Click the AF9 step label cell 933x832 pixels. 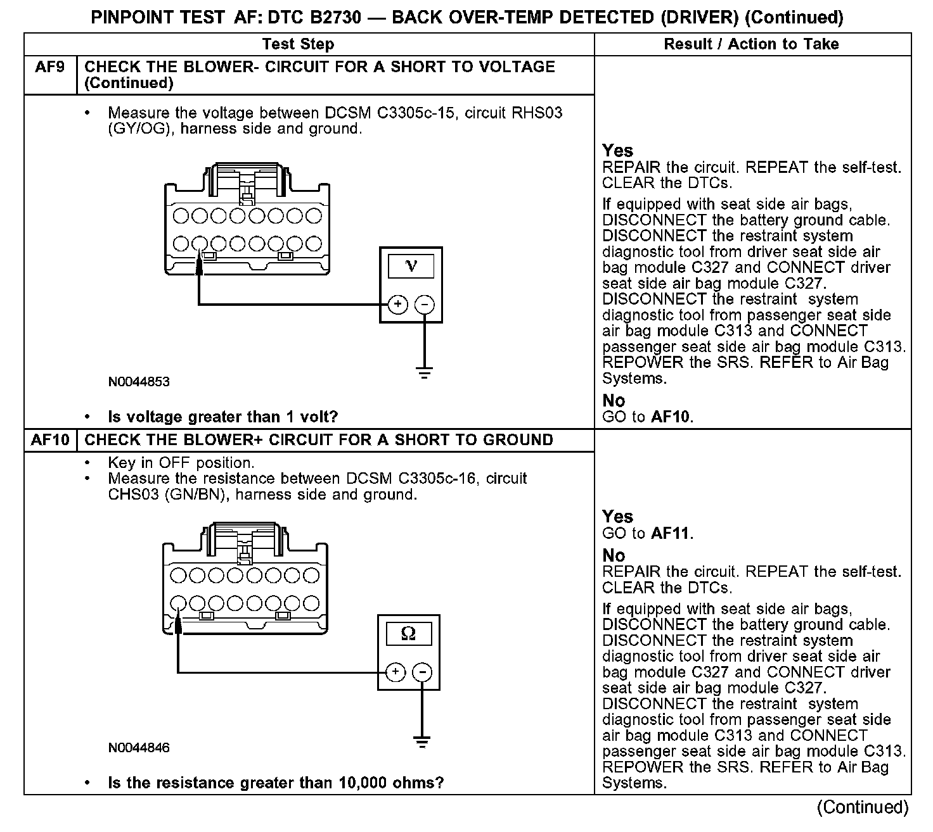click(x=50, y=67)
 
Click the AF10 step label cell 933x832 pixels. click(x=50, y=440)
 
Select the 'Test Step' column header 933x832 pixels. click(x=298, y=44)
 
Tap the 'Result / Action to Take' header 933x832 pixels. click(x=751, y=44)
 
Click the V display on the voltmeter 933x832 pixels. click(x=411, y=266)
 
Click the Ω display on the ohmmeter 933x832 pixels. click(x=409, y=633)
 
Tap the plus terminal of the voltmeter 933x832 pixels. click(x=397, y=305)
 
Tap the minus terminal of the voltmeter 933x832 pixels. click(x=425, y=305)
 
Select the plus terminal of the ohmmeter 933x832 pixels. click(x=396, y=672)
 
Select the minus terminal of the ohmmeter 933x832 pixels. click(x=423, y=672)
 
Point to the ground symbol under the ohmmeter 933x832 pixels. click(x=422, y=741)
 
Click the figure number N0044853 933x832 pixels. click(x=139, y=382)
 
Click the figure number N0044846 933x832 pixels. click(x=139, y=748)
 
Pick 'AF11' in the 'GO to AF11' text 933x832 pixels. click(x=671, y=533)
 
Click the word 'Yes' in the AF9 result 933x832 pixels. click(x=617, y=151)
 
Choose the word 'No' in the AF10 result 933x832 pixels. click(x=614, y=555)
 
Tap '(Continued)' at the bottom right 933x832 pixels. click(x=862, y=807)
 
